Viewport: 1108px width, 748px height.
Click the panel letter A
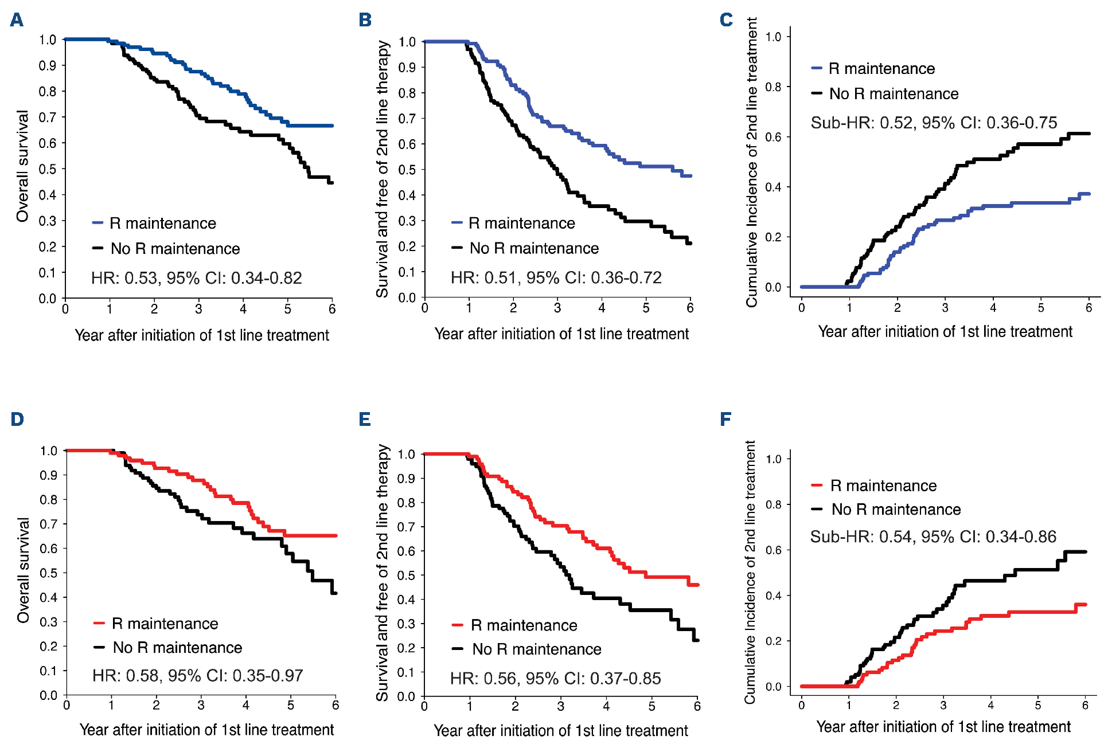click(17, 20)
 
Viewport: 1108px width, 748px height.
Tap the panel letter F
click(725, 420)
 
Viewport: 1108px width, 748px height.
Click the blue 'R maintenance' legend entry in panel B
click(521, 223)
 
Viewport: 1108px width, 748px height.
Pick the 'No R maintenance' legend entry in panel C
click(894, 94)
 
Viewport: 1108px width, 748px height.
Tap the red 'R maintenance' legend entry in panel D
click(164, 624)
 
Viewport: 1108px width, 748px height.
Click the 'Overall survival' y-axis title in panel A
click(22, 166)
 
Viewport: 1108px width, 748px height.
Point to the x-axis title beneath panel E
click(560, 731)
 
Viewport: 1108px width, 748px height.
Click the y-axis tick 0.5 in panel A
click(48, 169)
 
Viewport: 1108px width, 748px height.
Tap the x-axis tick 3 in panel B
click(557, 308)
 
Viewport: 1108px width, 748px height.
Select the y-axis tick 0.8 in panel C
click(774, 87)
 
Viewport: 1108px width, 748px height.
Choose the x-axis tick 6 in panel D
click(335, 706)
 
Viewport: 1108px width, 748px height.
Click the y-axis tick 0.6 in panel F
click(774, 550)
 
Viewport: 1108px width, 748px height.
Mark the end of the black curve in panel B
click(690, 243)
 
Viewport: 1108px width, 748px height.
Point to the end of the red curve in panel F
click(1085, 605)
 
